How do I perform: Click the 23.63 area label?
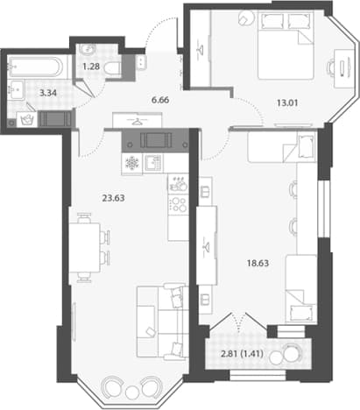pos(113,198)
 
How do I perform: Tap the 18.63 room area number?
pos(258,264)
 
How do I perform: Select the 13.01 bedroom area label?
pos(287,103)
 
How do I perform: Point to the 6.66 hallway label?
pos(160,100)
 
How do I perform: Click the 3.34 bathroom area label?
pos(48,94)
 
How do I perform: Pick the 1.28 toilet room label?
pos(91,67)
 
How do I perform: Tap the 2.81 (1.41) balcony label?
pos(243,354)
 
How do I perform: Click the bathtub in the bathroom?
pos(35,67)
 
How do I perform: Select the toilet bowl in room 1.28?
pos(112,68)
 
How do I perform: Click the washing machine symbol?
pos(27,119)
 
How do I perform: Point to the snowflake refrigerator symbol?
pos(132,163)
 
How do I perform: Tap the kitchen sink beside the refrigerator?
pos(152,163)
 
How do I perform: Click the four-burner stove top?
pos(178,204)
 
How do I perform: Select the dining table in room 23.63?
pos(85,248)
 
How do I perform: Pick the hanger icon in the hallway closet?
pos(137,121)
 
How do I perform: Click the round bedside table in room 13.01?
pos(246,18)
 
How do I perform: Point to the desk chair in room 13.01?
pos(330,68)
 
